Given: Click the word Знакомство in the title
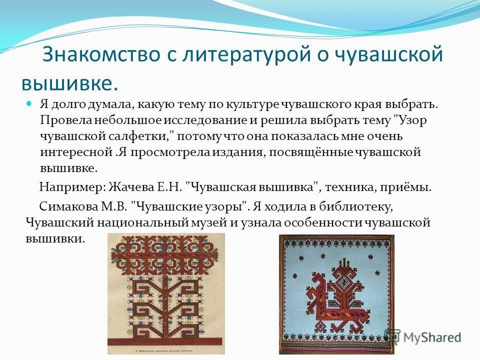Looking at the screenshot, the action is click(x=101, y=54).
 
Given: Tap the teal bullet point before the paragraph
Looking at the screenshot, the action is click(x=29, y=104).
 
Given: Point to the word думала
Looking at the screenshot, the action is click(x=110, y=104).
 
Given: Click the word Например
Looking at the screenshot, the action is click(x=72, y=187).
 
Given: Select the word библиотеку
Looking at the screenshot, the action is click(x=355, y=207).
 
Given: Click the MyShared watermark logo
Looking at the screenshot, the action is click(x=423, y=337).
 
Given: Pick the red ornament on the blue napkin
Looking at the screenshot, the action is click(x=336, y=294).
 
